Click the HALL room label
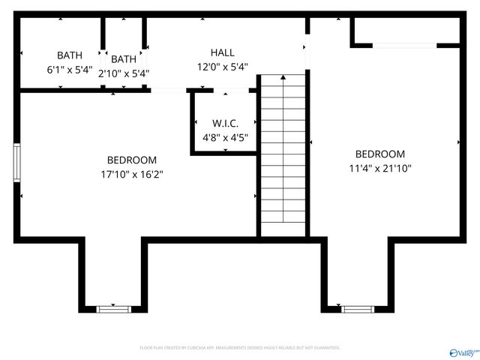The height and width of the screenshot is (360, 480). click(222, 52)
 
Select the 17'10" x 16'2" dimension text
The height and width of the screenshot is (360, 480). click(131, 174)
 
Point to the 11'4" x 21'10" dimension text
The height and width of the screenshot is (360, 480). click(379, 168)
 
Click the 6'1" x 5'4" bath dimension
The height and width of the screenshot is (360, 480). click(69, 70)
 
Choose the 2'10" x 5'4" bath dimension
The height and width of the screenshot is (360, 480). click(124, 73)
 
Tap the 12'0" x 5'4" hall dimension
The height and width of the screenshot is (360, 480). click(222, 67)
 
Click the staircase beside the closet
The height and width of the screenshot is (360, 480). click(282, 154)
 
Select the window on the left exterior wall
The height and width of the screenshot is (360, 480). click(16, 162)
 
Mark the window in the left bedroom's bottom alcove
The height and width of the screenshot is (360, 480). click(114, 307)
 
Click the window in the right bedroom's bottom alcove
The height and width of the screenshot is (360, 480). click(357, 307)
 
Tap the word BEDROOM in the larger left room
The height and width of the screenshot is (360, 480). click(131, 160)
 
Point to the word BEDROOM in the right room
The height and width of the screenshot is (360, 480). click(379, 154)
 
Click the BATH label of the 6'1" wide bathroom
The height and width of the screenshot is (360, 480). click(69, 55)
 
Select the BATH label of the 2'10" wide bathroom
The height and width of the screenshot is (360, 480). click(124, 59)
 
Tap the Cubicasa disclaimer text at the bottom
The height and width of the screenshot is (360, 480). click(240, 348)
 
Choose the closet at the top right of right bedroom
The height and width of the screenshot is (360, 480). click(405, 31)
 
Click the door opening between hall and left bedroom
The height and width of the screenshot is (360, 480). click(169, 91)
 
